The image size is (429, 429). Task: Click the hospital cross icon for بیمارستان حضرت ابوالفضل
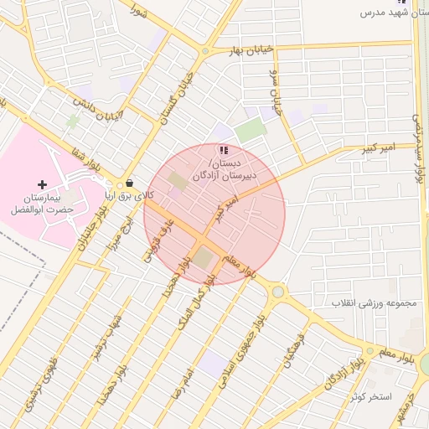click(x=43, y=183)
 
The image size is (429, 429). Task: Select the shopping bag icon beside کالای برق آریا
click(x=129, y=183)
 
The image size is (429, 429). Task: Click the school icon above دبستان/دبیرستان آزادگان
click(x=222, y=150)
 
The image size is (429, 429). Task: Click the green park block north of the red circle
click(x=249, y=131)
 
